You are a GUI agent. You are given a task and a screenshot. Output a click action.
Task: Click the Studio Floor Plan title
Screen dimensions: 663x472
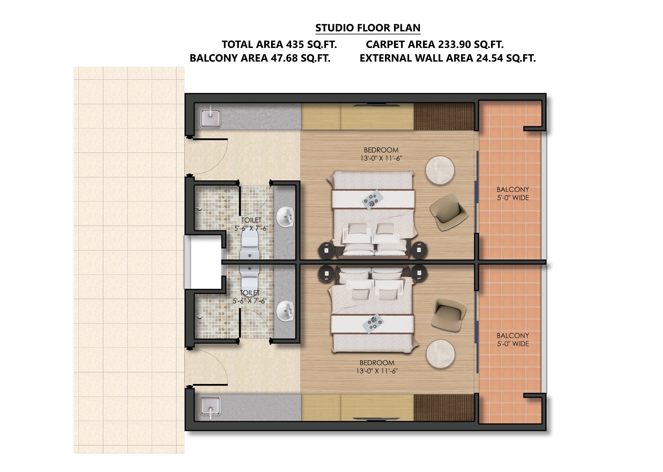coord(368,28)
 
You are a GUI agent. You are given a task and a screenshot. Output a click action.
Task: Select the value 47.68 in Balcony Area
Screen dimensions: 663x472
coord(284,58)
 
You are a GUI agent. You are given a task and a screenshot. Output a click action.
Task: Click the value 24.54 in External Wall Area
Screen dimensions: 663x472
coord(490,58)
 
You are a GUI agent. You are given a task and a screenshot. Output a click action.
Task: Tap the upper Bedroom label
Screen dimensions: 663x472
coord(381,154)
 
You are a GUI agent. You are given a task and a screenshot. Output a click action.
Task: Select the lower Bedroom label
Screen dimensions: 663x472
coord(377,367)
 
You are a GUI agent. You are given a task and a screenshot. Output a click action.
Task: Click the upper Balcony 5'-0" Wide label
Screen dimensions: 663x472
coord(513,194)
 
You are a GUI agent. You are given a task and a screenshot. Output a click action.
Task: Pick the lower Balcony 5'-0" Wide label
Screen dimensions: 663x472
coord(513,340)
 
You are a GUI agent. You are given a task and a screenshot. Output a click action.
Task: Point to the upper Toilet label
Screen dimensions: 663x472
coord(251,224)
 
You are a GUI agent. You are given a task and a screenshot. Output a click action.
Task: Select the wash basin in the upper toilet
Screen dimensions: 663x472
coord(286,217)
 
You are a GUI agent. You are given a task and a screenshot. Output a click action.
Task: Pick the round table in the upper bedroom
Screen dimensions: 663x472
coord(440,170)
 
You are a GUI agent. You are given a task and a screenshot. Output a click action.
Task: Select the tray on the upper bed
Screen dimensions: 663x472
coord(372,199)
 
